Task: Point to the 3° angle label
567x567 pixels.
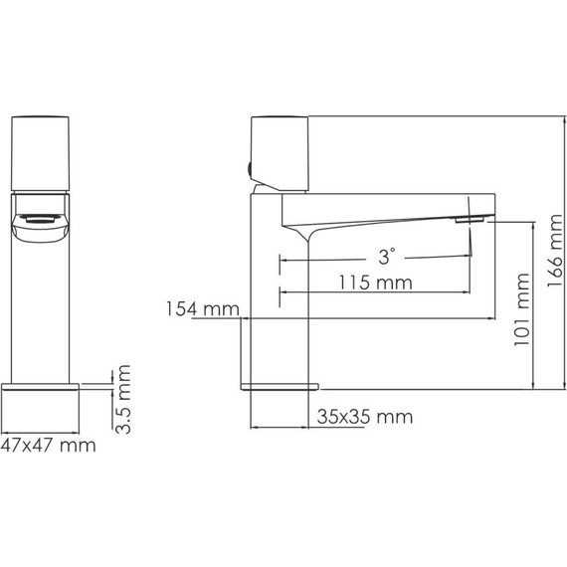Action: tap(387, 257)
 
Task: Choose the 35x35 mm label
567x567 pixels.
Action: tap(365, 417)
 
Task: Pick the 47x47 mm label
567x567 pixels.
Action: tap(49, 445)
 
